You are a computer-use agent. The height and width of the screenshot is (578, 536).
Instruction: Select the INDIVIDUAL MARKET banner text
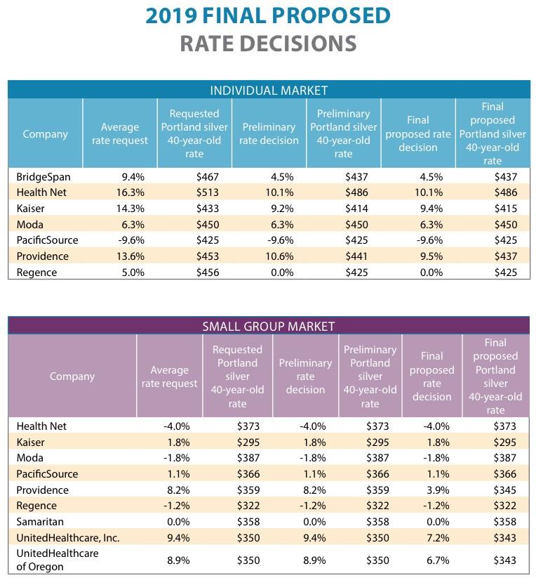tap(269, 90)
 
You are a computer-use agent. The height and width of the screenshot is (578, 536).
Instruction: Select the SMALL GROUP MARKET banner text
tap(269, 326)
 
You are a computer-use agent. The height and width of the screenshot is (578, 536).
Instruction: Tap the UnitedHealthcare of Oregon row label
tap(57, 560)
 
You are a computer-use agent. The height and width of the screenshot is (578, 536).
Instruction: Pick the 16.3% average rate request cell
tap(131, 192)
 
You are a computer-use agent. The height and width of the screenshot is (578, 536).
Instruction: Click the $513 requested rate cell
tap(208, 192)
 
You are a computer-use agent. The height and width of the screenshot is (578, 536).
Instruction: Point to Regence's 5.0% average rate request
tap(133, 272)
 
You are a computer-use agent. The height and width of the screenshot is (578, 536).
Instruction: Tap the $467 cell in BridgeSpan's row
tap(208, 177)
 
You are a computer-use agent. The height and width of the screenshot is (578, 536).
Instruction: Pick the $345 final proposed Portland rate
tap(504, 490)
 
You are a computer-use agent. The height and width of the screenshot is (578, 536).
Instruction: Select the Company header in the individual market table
tap(45, 134)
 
